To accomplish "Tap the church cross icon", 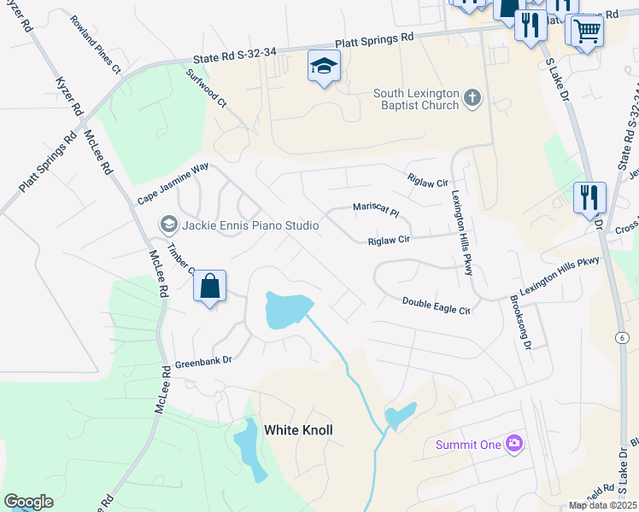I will [472, 99].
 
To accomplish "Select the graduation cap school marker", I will [325, 67].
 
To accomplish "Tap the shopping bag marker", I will [210, 287].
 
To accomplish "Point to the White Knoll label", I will [298, 430].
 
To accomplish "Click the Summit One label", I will [468, 444].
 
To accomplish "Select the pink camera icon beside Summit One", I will [513, 443].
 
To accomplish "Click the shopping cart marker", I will [586, 32].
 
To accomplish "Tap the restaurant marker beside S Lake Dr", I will [589, 199].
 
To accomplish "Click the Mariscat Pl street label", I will [377, 207].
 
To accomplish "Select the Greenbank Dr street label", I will [204, 362].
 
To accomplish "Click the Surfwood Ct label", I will [206, 88].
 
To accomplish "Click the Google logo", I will [28, 502].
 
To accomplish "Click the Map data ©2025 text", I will [602, 505].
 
